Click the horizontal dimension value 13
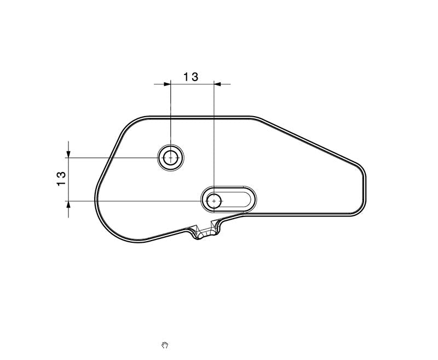tap(191, 77)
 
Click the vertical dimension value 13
tap(61, 179)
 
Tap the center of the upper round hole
tap(171, 158)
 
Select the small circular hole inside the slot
tap(214, 201)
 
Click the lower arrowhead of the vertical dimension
tap(68, 205)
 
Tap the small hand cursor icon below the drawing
tap(165, 345)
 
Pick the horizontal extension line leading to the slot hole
tap(137, 201)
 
